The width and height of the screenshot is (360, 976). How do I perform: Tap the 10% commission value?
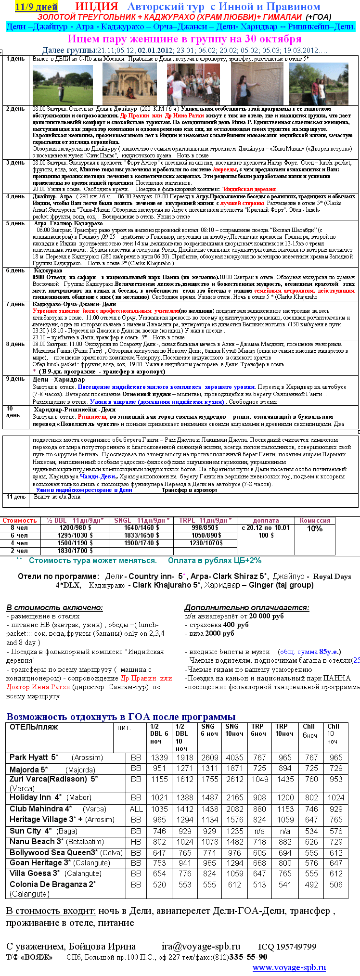click(x=315, y=528)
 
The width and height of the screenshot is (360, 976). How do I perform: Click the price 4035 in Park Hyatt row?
click(x=234, y=758)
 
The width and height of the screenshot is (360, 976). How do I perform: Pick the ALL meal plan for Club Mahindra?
click(x=136, y=809)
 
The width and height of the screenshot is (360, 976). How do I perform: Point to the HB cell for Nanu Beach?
click(x=136, y=842)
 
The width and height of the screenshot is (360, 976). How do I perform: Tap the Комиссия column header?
click(x=315, y=520)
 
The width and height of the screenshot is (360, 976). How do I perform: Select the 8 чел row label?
click(x=19, y=527)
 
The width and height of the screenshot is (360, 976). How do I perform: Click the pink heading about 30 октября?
click(x=184, y=39)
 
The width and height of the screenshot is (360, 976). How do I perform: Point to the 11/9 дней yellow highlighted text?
click(x=36, y=7)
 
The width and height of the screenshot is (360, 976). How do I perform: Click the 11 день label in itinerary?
click(x=16, y=497)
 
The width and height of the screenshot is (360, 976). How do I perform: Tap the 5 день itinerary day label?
click(x=15, y=223)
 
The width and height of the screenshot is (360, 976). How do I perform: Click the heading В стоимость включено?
click(x=54, y=607)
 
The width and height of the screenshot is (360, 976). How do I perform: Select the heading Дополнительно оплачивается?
click(x=247, y=607)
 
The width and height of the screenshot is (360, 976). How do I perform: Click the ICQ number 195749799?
click(x=287, y=947)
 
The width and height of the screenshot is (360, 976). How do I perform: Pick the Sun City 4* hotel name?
click(x=30, y=831)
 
